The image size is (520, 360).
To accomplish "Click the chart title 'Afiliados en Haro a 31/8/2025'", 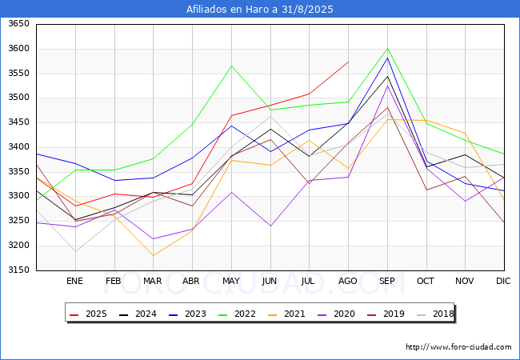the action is click(x=260, y=9).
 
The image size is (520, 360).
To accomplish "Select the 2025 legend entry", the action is click(x=89, y=314).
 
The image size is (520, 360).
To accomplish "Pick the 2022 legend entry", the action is click(x=238, y=314).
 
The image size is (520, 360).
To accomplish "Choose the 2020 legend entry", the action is click(x=337, y=314).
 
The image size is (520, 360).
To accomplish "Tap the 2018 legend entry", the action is click(x=435, y=314).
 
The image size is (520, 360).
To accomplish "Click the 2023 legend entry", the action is click(x=188, y=314).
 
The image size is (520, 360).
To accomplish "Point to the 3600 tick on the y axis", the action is click(x=19, y=49).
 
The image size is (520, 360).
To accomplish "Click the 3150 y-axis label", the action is click(x=19, y=270).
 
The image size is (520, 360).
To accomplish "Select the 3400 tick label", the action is click(x=19, y=147).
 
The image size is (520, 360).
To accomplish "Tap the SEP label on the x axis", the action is click(x=387, y=281).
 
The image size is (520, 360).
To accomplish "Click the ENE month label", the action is click(x=74, y=281).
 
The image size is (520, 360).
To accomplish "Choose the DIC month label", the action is click(x=503, y=281).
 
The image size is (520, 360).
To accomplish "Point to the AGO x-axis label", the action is click(x=347, y=281).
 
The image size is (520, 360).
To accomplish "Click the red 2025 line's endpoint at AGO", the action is click(x=349, y=62).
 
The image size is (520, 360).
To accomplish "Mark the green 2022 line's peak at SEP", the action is click(x=387, y=48).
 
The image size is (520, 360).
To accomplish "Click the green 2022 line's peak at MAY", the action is click(x=231, y=66).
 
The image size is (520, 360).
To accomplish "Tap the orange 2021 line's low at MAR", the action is click(x=154, y=255).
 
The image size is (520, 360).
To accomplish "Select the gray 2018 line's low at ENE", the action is click(x=76, y=252).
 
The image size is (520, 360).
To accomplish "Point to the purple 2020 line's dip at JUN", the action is click(x=270, y=226).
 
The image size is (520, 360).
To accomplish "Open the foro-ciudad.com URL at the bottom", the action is click(x=458, y=347).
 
